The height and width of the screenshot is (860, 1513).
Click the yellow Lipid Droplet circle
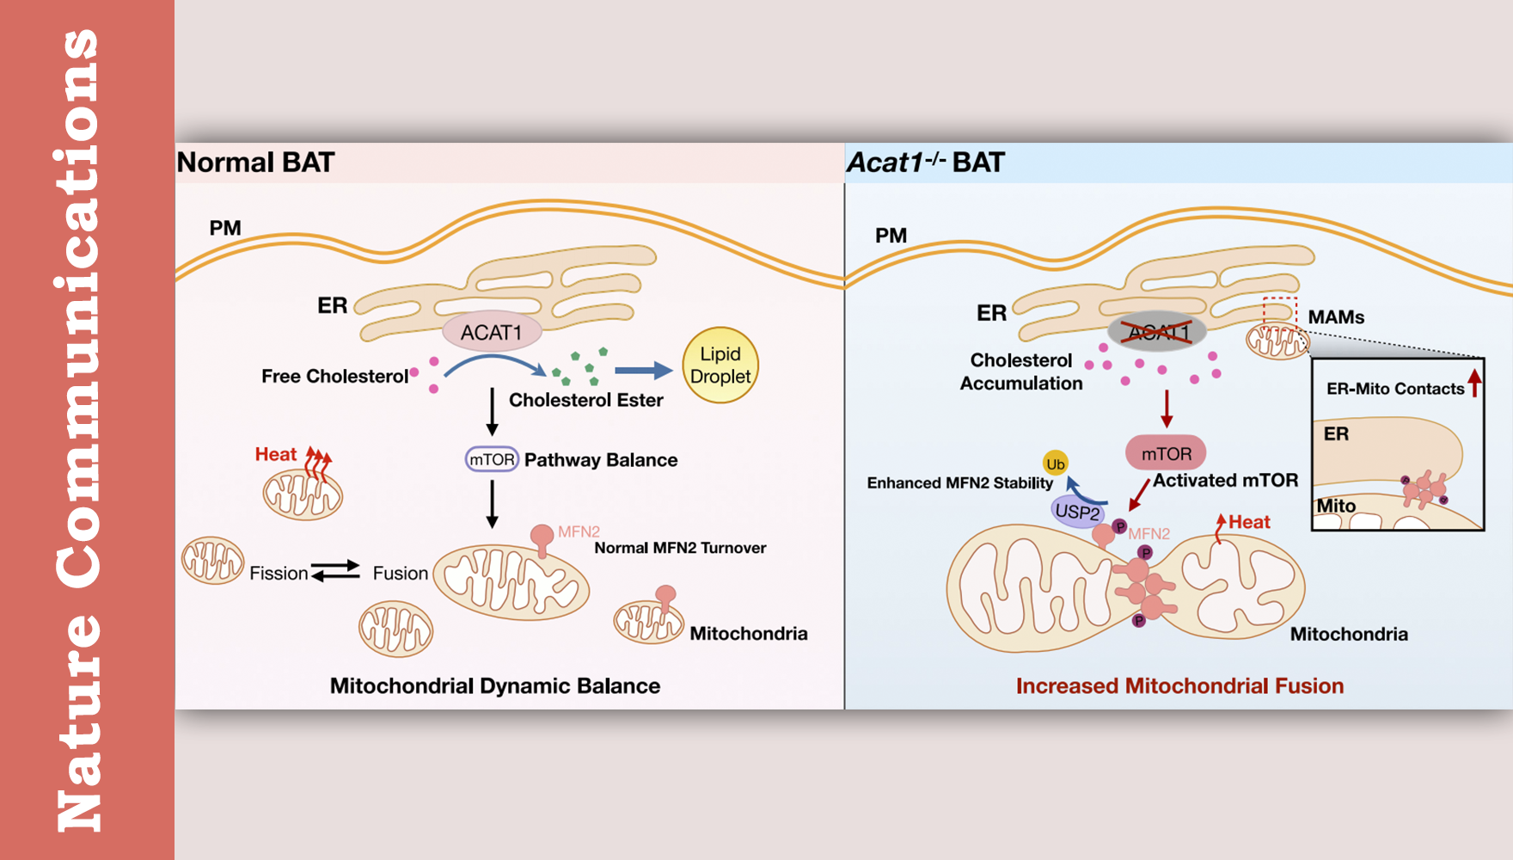click(x=720, y=365)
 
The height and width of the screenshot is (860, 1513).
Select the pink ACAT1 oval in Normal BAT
click(x=492, y=332)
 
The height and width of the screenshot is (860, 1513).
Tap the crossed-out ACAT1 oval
click(x=1157, y=331)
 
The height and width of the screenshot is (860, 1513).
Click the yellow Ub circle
click(x=1055, y=464)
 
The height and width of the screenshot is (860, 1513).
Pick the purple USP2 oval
click(x=1077, y=512)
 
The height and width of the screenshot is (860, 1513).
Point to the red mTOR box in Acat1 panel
click(x=1166, y=453)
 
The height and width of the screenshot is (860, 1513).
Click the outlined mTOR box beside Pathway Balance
click(x=492, y=459)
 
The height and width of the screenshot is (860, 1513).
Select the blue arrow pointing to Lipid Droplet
click(x=644, y=371)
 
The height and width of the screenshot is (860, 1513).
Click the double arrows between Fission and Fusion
click(x=335, y=570)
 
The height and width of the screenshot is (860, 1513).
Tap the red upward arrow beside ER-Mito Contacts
click(x=1475, y=383)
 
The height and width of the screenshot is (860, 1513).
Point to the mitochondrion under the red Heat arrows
click(x=303, y=495)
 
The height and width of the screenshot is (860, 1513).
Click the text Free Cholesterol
click(x=334, y=376)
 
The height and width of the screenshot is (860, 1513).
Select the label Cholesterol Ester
click(x=585, y=400)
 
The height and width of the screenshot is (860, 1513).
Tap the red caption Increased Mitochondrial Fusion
click(x=1179, y=685)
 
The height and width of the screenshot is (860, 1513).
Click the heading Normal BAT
click(x=255, y=163)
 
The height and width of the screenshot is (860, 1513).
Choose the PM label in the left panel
click(x=225, y=228)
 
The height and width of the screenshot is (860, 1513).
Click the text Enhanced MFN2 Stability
click(x=959, y=482)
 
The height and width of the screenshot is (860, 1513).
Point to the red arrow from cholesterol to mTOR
click(x=1167, y=408)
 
